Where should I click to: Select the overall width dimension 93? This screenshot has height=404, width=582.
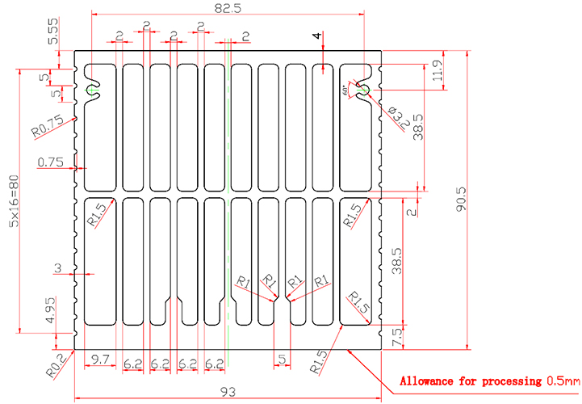[x=228, y=391]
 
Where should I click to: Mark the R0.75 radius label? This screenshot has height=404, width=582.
[x=47, y=126]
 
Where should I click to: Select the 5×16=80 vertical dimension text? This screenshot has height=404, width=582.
[x=14, y=212]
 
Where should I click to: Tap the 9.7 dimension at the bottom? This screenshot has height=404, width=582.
[x=101, y=358]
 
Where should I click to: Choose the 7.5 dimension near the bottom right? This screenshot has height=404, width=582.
[x=396, y=338]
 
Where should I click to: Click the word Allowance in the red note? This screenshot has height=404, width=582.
[x=435, y=381]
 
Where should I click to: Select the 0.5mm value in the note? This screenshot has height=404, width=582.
[x=563, y=381]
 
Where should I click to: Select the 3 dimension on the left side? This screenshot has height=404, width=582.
[x=58, y=267]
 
